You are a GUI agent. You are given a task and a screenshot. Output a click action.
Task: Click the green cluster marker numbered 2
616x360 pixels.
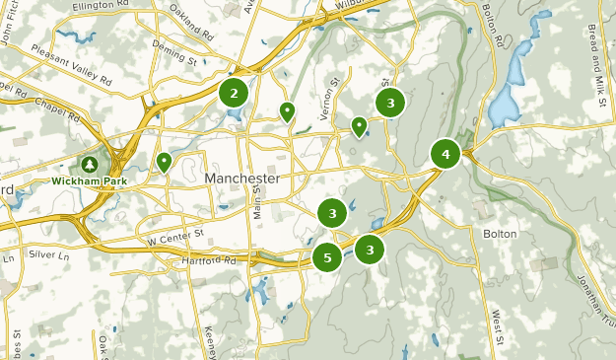[234, 94]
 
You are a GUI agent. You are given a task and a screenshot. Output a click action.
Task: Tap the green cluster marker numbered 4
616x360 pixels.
[445, 154]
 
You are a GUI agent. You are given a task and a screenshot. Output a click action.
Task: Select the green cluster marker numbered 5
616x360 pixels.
[327, 258]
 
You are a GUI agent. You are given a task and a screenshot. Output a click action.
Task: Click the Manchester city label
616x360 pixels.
[242, 179]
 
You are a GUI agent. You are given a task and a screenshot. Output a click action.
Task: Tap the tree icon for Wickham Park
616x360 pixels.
[90, 164]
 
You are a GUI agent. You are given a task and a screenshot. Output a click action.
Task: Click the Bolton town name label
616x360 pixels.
[500, 234]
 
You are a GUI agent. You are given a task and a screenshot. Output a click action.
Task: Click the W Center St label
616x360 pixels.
[174, 236]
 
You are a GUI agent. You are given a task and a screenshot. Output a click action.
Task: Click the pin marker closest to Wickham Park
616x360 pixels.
[164, 161]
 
